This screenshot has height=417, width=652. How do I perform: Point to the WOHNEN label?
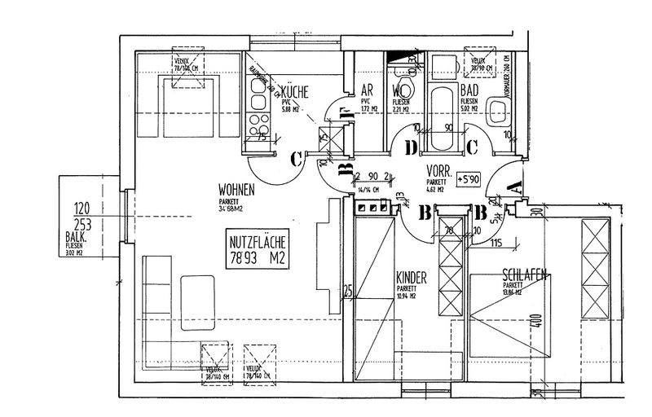click(x=236, y=189)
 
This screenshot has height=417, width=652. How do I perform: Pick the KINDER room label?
click(x=411, y=277)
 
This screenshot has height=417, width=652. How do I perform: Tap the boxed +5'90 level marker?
click(x=469, y=177)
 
